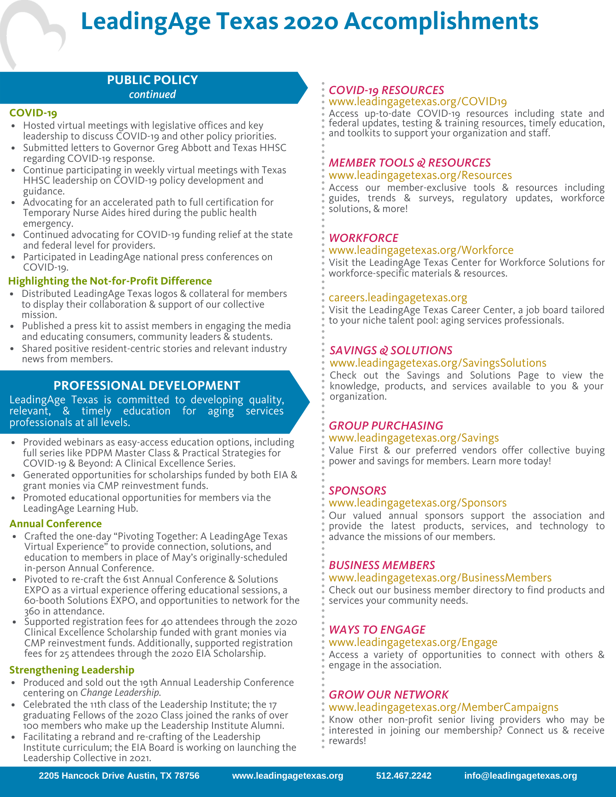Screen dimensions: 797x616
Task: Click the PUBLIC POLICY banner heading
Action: [152, 80]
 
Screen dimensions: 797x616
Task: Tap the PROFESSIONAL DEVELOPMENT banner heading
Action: [147, 385]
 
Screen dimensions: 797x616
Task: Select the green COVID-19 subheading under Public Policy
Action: [33, 113]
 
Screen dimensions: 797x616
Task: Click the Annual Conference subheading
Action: [55, 524]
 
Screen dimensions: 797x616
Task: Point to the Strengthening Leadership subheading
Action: [72, 670]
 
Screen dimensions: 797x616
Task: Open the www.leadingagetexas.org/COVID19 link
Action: [417, 102]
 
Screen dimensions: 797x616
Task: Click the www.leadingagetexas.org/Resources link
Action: [420, 175]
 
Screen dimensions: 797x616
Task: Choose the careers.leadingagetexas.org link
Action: [398, 298]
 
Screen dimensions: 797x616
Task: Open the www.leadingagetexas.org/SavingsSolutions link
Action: [438, 363]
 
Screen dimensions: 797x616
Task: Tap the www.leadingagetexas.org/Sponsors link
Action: [417, 503]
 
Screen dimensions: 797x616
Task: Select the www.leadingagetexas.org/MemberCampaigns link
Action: [443, 707]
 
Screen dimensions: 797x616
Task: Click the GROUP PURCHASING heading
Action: [386, 426]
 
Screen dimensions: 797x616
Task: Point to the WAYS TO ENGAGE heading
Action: [377, 630]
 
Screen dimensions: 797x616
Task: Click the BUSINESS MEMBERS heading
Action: [382, 565]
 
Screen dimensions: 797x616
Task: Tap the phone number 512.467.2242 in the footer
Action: [403, 775]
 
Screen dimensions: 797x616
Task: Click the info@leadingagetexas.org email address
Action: [520, 775]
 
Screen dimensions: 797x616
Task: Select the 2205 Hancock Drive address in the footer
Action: [119, 775]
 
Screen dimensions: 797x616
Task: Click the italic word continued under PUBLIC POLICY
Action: [152, 94]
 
